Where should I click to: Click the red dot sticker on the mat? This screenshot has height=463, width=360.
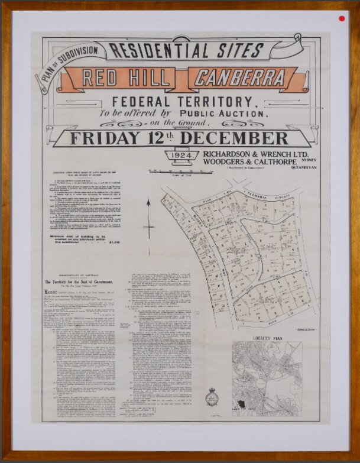[341, 18]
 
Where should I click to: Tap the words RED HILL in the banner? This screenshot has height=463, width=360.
[128, 78]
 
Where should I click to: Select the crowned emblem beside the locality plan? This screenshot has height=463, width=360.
[211, 397]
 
